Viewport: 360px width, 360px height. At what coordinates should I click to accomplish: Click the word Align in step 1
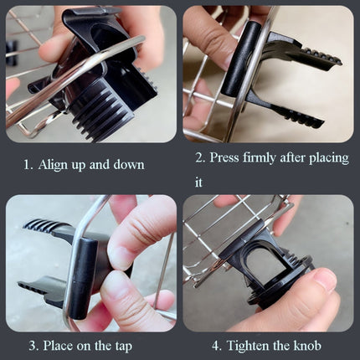[54, 165]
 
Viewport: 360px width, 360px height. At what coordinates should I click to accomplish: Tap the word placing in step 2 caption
[325, 158]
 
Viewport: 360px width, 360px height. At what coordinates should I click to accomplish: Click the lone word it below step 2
[199, 180]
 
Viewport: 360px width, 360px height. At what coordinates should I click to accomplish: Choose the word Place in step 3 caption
[64, 346]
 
